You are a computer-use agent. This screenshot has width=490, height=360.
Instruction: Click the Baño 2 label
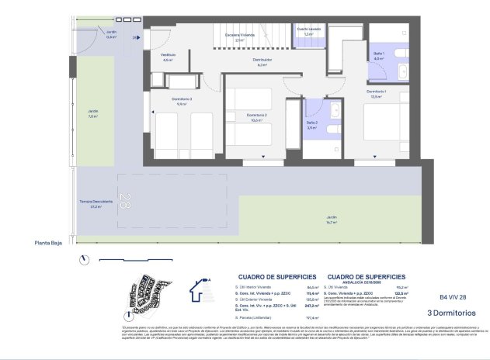[x=311, y=125]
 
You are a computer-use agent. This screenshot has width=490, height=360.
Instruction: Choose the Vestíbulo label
[x=168, y=57]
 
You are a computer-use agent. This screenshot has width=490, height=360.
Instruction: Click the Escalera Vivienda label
[x=240, y=36]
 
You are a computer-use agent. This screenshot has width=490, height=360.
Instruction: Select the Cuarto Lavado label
[x=308, y=32]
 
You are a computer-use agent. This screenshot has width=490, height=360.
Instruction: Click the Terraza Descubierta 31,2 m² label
[x=97, y=205]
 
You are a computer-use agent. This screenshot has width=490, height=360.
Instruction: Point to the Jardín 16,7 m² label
[x=332, y=220]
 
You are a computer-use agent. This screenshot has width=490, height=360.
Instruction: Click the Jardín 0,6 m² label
[x=111, y=34]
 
